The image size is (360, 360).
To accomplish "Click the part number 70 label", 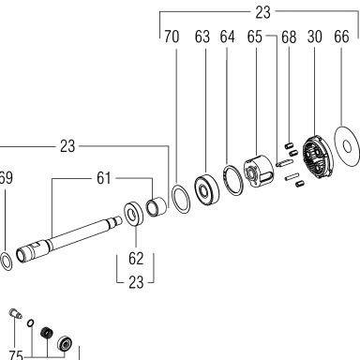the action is tap(172, 37).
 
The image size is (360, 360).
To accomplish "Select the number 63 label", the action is tap(202, 37).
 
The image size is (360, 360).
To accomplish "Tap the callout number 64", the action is tap(227, 37).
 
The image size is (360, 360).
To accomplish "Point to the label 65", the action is tap(254, 37).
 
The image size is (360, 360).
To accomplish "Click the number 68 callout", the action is tap(289, 37).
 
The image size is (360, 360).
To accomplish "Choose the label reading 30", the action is tap(314, 37).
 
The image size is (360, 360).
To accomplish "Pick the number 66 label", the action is tap(341, 37).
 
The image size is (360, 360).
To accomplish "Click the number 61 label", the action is tap(104, 178).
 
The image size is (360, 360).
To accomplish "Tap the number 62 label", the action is tap(136, 259).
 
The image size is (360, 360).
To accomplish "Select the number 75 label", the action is tap(16, 355).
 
